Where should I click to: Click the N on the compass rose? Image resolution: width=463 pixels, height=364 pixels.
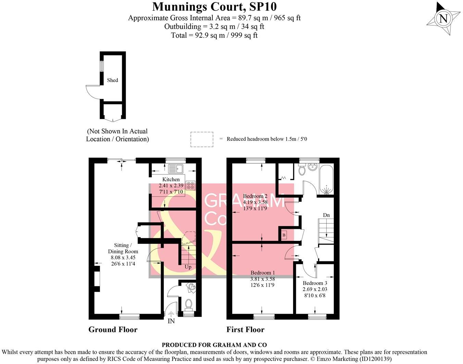point(443,18)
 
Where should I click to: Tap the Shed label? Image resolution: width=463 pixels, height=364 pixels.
point(112,80)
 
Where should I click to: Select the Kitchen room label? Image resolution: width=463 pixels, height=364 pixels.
point(171,179)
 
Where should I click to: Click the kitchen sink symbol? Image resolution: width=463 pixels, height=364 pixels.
point(176,168)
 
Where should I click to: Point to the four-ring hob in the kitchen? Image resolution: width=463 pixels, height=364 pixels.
point(190,185)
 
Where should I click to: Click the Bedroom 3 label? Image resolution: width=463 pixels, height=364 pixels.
point(315,283)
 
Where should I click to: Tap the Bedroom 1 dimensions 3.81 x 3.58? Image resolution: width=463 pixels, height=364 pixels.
point(262,279)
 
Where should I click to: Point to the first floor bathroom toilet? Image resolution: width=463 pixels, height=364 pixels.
point(302,170)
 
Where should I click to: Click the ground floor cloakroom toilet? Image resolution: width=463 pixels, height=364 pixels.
point(188,304)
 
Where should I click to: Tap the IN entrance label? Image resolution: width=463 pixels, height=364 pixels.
point(171,321)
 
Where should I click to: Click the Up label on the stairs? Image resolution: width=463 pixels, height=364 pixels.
point(188,267)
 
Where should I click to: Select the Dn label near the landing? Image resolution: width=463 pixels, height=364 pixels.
point(326,215)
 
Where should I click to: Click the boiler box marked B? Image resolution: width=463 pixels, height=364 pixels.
point(284,235)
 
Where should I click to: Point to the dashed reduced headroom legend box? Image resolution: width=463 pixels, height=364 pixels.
point(202,139)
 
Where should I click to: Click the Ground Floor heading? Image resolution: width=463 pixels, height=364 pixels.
point(113,329)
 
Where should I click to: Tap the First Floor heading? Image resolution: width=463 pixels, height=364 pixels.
point(245,329)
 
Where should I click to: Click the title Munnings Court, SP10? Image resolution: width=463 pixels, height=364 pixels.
point(214,6)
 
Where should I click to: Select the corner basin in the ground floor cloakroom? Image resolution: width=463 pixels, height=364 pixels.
point(192,287)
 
